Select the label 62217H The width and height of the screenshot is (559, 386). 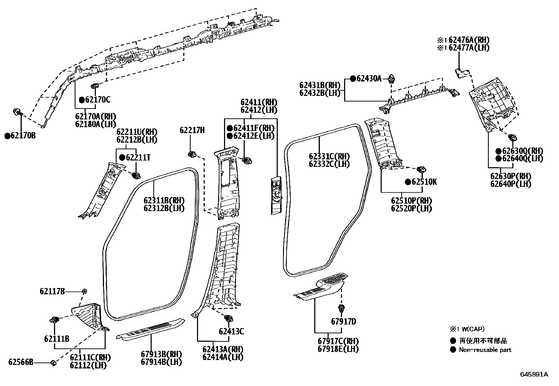tap(192, 130)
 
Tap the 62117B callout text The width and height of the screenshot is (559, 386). tap(52, 291)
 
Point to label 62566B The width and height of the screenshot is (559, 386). tap(21, 362)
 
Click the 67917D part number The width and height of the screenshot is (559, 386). tap(343, 321)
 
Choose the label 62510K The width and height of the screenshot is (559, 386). tap(424, 182)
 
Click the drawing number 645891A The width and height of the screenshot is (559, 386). tap(534, 374)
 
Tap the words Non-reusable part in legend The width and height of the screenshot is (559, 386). tap(485, 350)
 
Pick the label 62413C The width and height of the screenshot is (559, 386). tap(231, 331)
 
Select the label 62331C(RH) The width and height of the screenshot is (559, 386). tap(329, 157)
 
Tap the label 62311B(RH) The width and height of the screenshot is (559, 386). tap(164, 201)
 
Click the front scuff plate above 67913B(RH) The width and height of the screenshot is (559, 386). tap(150, 329)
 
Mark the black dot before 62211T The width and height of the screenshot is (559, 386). tap(122, 158)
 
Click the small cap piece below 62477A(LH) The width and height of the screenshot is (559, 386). tap(460, 73)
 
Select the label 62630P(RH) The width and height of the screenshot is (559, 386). tap(511, 176)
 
